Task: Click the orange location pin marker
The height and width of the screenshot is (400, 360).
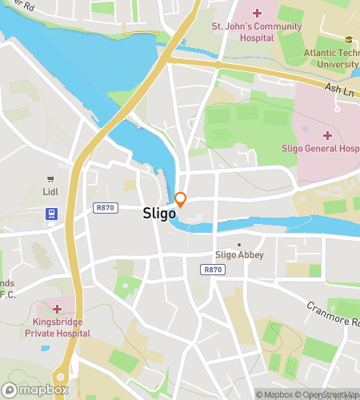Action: point(181,200)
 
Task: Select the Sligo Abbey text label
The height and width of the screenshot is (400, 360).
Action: point(239,255)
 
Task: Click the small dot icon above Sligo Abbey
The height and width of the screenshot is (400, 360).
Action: point(238,244)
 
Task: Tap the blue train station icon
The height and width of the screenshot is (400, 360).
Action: point(51,214)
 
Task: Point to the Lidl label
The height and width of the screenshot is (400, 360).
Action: point(50,192)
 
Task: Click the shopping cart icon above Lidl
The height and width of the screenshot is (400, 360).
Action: point(51,179)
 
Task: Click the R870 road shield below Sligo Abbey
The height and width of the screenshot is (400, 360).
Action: point(212,270)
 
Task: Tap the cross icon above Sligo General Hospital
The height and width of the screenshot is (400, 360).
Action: point(327,134)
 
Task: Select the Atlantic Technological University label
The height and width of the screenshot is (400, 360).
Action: point(331,58)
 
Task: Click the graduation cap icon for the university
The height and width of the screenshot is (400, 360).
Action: point(348,40)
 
